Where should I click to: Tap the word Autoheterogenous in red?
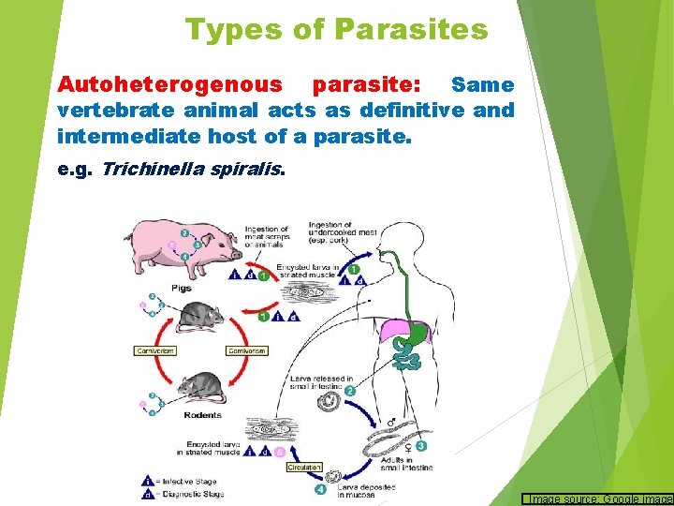tap(169, 84)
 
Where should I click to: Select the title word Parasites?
tap(410, 30)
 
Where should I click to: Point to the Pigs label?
tap(181, 288)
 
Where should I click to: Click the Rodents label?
tap(202, 415)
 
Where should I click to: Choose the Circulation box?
tap(304, 467)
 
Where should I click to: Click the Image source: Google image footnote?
tap(599, 499)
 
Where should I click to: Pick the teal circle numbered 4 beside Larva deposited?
tap(322, 488)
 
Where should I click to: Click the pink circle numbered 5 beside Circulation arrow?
tap(279, 452)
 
